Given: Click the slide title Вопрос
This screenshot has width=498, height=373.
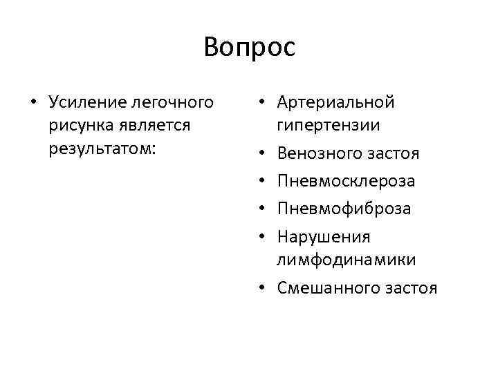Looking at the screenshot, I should point(249,48).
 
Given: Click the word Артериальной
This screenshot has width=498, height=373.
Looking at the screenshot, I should point(335,103).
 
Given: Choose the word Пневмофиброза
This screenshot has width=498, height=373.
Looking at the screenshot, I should point(344,209).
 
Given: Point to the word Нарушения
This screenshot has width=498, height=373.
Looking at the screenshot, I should point(324,236).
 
